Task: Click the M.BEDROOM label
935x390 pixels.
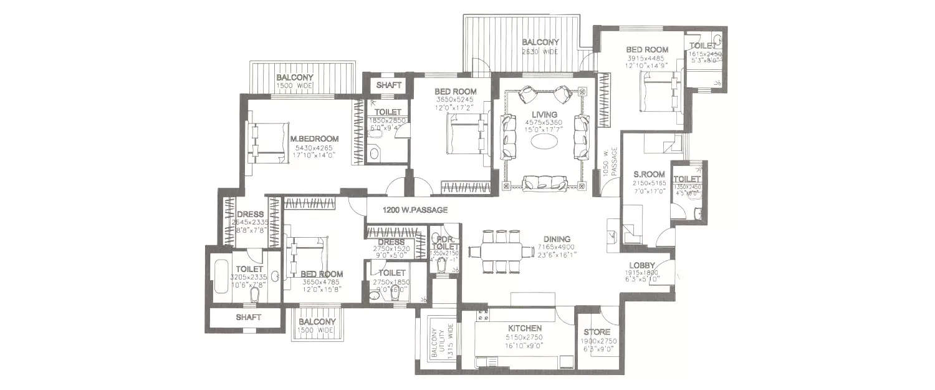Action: click(314, 139)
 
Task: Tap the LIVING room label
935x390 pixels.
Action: click(540, 114)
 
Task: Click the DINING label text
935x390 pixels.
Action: click(557, 238)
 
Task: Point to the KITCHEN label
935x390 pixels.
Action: click(524, 328)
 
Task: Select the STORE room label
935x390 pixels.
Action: click(597, 332)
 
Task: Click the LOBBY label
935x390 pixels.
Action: click(641, 265)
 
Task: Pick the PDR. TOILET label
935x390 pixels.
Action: click(445, 243)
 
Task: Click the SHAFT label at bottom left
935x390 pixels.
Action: click(248, 317)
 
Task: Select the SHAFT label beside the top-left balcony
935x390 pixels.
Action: click(389, 85)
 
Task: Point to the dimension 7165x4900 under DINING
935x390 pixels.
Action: click(557, 247)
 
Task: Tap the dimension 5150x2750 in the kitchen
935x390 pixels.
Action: click(524, 337)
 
